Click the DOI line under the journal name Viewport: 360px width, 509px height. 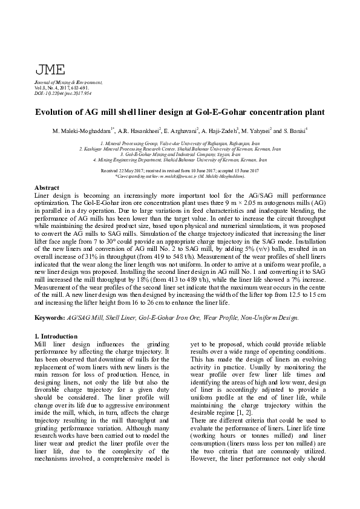[63, 93]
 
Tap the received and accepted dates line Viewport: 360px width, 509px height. [180, 171]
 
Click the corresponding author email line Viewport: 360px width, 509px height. [180, 176]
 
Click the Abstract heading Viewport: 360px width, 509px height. [47, 188]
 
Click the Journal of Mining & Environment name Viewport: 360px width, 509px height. [68, 82]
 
